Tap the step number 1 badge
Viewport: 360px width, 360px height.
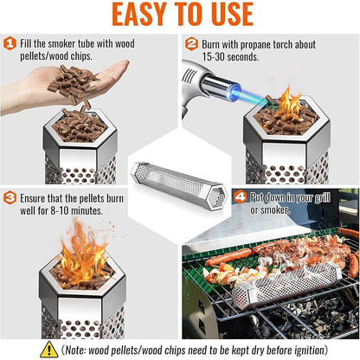(10, 42)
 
